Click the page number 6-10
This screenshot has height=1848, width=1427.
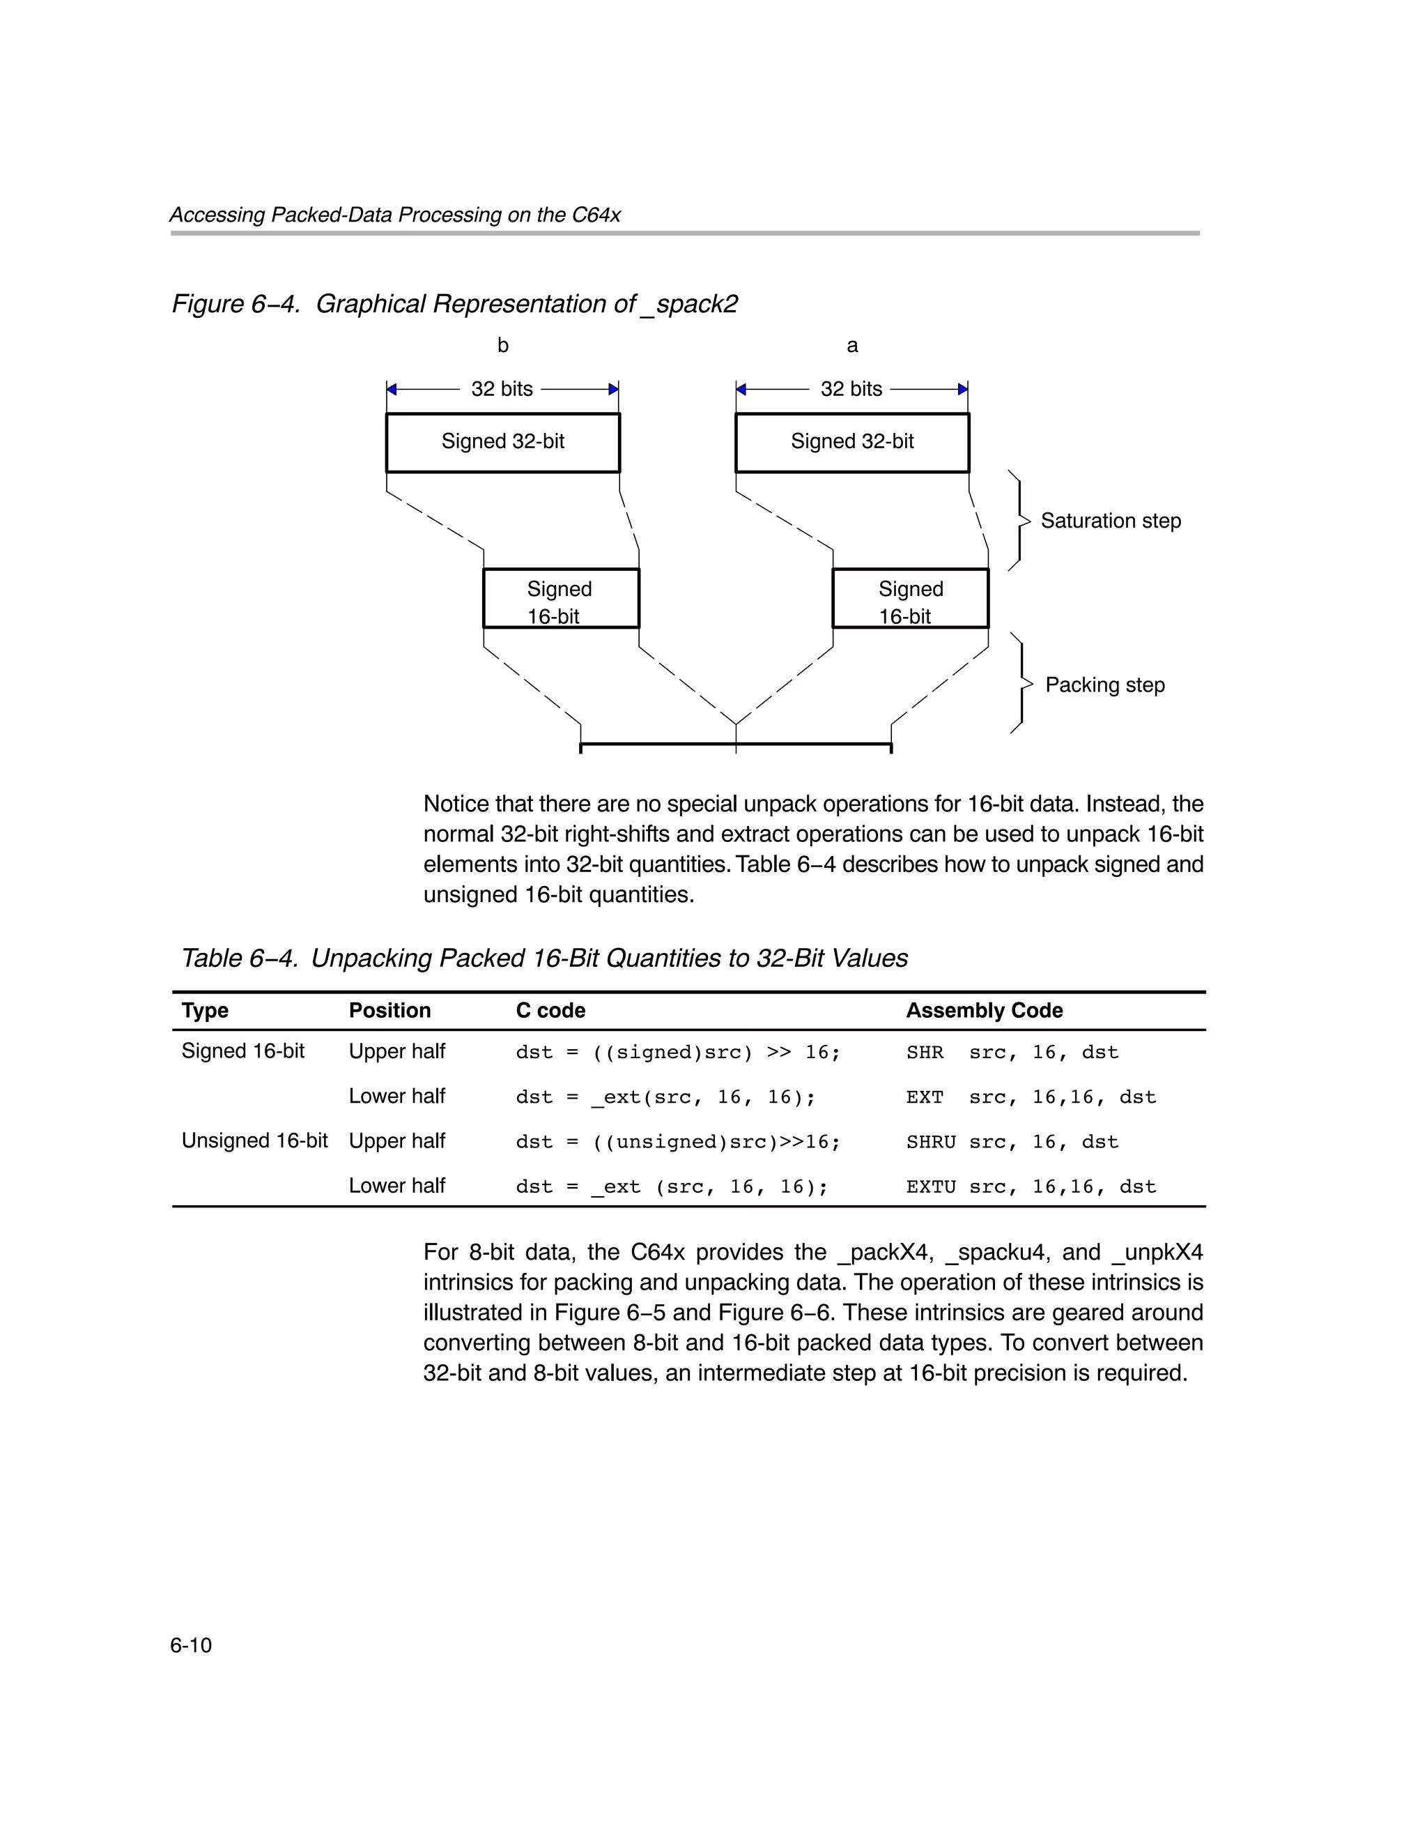point(190,1645)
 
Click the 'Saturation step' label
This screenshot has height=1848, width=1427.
point(1110,521)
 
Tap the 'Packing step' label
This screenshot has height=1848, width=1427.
point(1104,685)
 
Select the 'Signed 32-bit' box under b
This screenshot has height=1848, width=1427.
point(502,442)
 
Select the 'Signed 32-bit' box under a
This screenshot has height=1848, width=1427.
point(851,442)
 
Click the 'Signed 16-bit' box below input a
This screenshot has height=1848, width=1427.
point(910,599)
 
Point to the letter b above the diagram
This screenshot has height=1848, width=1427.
point(502,345)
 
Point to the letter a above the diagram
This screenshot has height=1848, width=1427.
point(851,345)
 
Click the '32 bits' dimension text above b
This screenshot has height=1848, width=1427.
point(502,389)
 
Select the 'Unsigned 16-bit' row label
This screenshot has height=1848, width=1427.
point(254,1140)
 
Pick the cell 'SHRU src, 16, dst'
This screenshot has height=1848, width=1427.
point(1012,1143)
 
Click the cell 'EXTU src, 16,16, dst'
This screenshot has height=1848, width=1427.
point(1031,1187)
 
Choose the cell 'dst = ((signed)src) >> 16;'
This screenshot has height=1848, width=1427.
point(677,1053)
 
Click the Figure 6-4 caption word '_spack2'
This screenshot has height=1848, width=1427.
point(689,305)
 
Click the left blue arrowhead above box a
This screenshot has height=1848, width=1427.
point(741,389)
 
